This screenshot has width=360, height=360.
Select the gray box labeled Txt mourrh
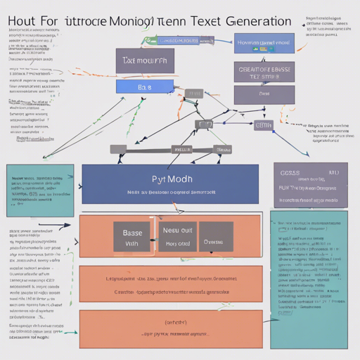145,61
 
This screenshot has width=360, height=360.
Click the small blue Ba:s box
144,87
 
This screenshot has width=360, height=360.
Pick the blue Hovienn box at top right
264,44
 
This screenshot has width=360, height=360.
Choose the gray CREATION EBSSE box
264,72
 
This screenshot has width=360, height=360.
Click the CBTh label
263,125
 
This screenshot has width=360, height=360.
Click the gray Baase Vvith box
132,237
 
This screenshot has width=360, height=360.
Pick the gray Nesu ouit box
177,237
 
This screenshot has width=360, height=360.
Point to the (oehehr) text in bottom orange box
170,323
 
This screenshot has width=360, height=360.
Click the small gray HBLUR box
181,149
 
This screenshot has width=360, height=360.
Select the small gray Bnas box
223,149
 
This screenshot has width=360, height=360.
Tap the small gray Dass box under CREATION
264,93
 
